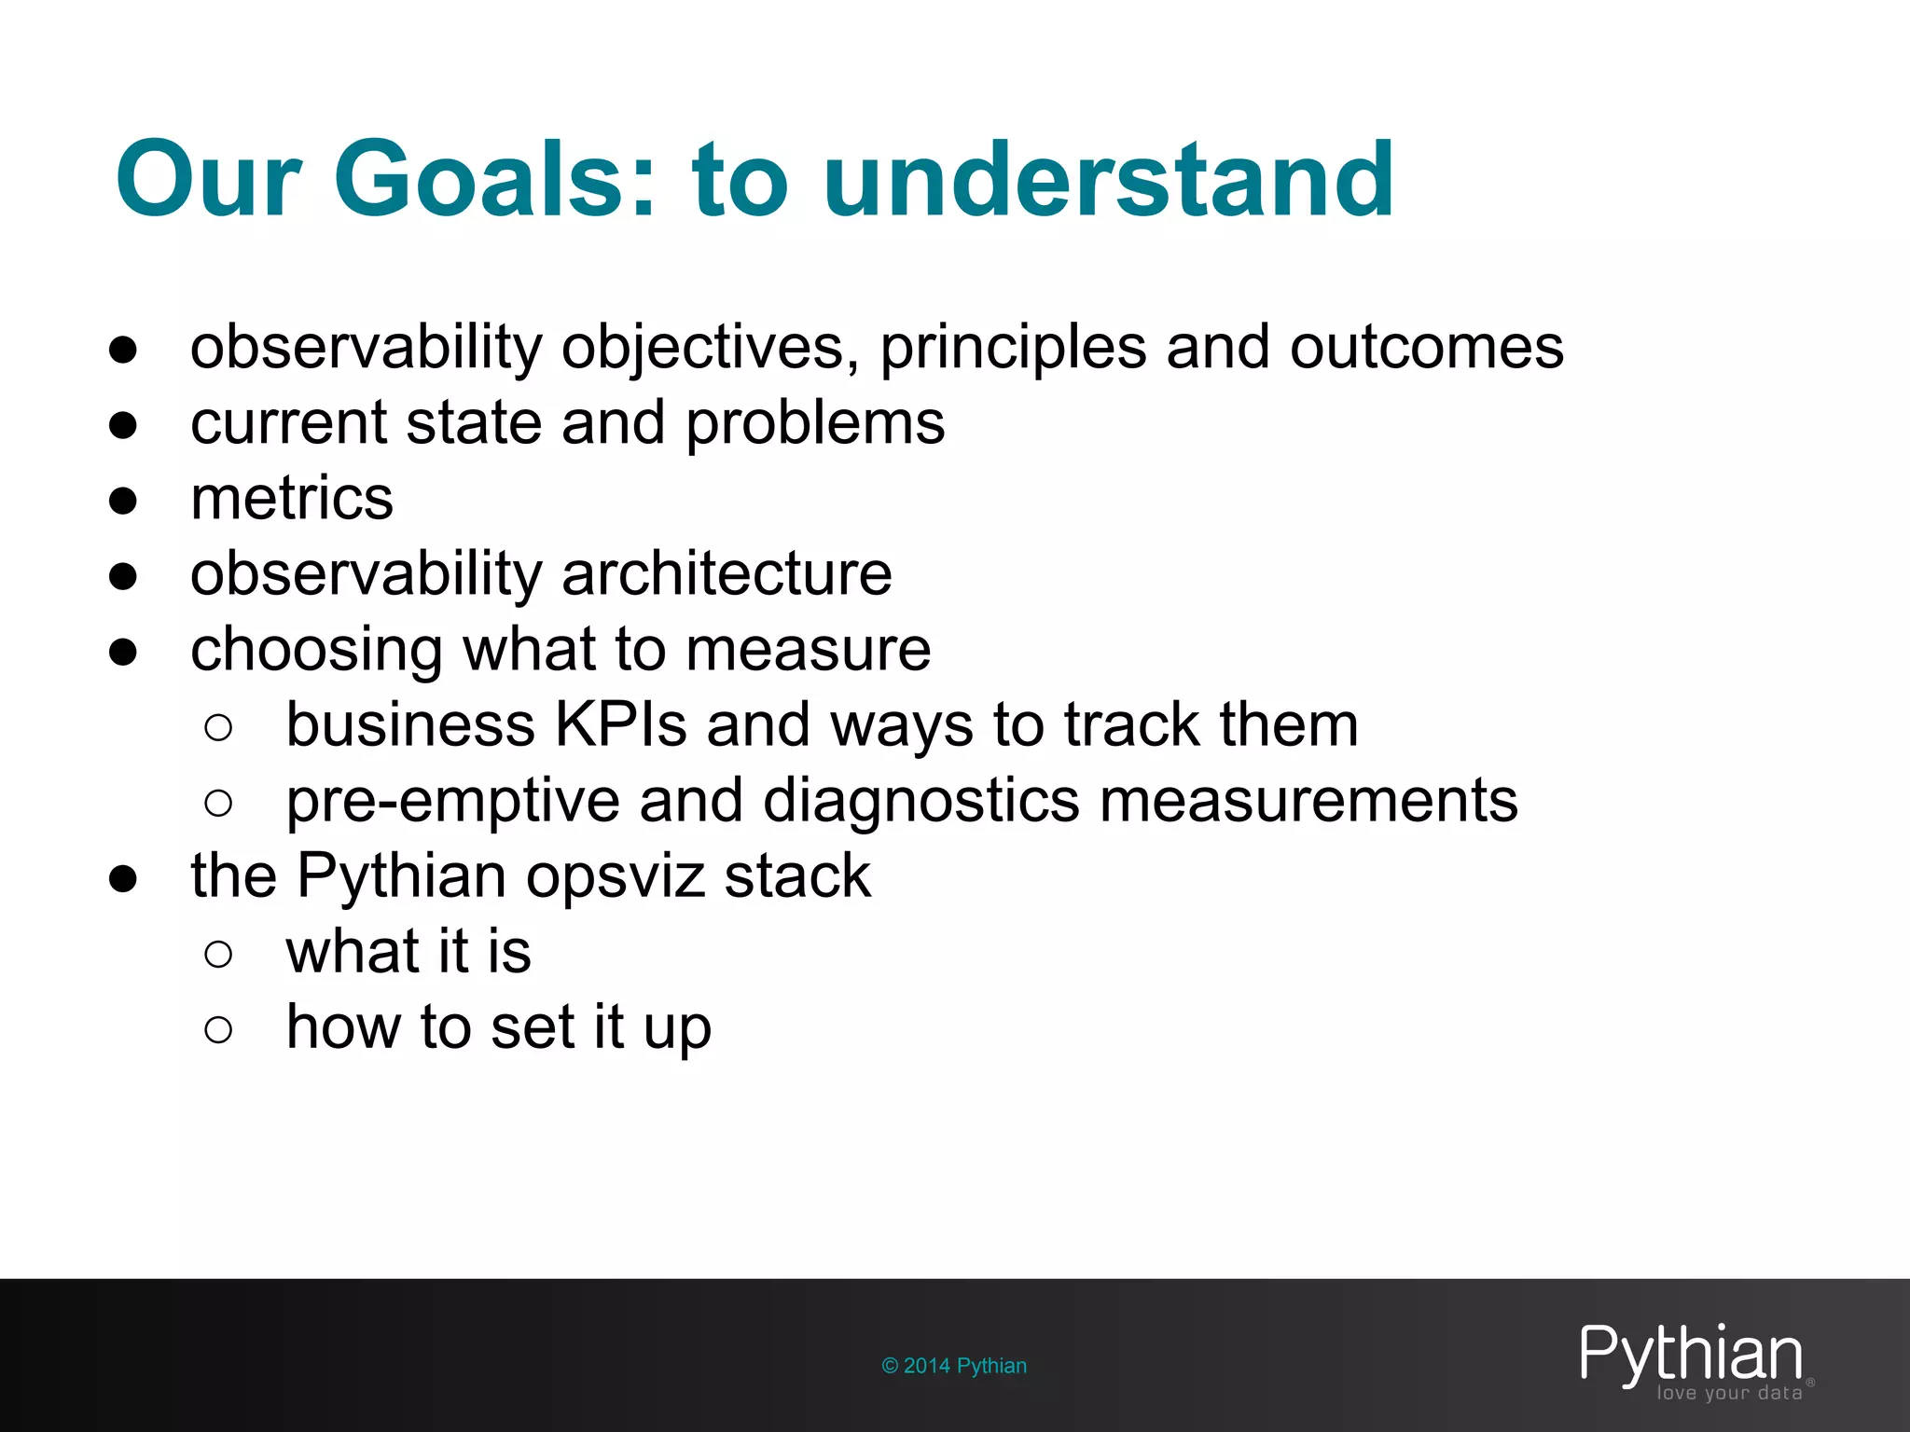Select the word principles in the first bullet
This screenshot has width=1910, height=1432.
coord(1013,349)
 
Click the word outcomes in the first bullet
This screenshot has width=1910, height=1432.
coord(1426,349)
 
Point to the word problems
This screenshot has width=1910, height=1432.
coord(815,424)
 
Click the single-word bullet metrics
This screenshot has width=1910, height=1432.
coord(292,499)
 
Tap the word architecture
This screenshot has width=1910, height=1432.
coord(727,574)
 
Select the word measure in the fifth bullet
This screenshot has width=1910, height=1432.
coord(808,650)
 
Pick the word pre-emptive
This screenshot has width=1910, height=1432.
coord(452,802)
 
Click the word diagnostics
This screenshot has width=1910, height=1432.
coord(920,802)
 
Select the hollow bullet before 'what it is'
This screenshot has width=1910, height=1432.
coord(217,954)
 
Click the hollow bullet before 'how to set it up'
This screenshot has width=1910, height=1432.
coord(217,1029)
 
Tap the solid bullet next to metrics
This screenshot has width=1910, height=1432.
coord(123,501)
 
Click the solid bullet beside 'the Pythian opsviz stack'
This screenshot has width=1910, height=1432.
coord(123,878)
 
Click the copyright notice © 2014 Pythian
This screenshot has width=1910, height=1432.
coord(954,1366)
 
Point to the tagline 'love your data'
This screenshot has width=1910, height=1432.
coord(1729,1394)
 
